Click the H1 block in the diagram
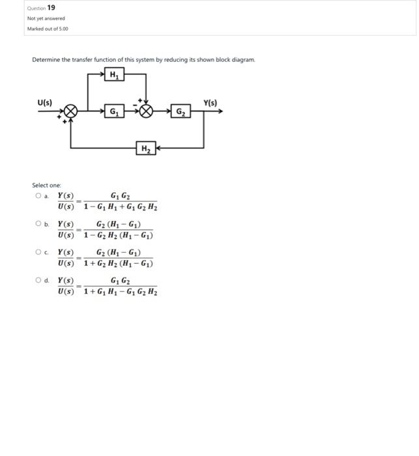(115, 75)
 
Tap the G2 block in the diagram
(180, 111)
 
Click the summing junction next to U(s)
(70, 111)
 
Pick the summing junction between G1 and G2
(147, 111)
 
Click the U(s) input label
(44, 102)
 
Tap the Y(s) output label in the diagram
(211, 102)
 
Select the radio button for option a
(38, 195)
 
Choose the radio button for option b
(38, 224)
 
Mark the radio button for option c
(38, 252)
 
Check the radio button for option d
(38, 281)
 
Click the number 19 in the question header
(51, 8)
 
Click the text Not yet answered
(46, 19)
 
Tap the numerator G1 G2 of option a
(121, 196)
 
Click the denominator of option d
(121, 292)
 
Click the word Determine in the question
(46, 60)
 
